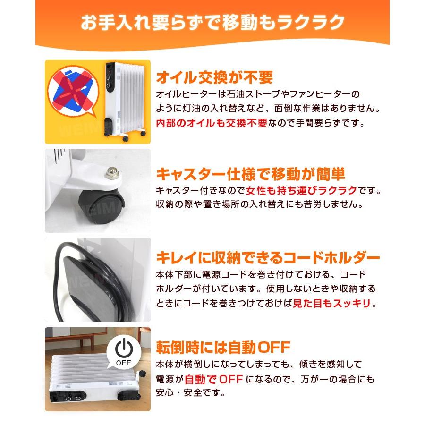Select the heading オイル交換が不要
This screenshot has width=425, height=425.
[x=214, y=77]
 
